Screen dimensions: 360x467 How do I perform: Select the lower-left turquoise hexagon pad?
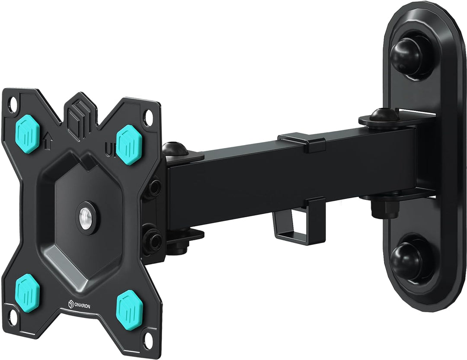(x=27, y=293)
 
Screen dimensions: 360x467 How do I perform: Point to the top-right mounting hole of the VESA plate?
(x=149, y=117)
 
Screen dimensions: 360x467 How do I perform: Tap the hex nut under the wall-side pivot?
(x=384, y=209)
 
